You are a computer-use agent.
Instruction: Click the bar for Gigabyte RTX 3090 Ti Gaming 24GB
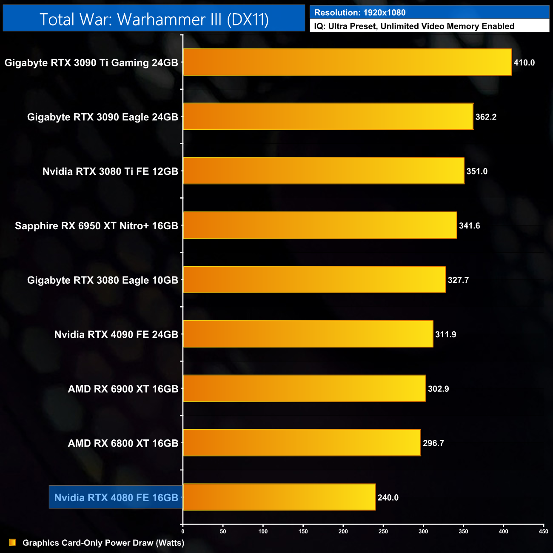347,62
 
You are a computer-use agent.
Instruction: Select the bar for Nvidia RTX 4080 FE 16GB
279,497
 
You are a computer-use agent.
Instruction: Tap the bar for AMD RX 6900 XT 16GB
304,388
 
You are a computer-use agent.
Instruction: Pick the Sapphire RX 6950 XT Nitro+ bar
320,225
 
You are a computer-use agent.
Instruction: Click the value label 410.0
524,63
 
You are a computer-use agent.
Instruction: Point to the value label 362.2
486,117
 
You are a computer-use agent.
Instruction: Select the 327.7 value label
458,280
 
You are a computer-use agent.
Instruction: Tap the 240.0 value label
388,497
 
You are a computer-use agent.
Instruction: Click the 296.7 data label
433,443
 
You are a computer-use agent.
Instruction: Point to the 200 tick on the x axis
343,531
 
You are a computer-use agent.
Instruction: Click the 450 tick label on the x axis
543,531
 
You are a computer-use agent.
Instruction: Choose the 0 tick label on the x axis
183,531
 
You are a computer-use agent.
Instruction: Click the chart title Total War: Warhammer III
154,20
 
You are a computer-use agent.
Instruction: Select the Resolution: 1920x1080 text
360,13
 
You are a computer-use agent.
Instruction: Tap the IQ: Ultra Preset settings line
414,26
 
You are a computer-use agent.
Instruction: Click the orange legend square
12,542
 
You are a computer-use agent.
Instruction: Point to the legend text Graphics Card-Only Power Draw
103,543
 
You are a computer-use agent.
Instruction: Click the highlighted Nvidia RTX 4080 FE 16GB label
116,497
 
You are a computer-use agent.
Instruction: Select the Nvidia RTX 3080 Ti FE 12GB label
110,171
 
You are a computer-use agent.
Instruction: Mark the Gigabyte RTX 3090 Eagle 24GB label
103,117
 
